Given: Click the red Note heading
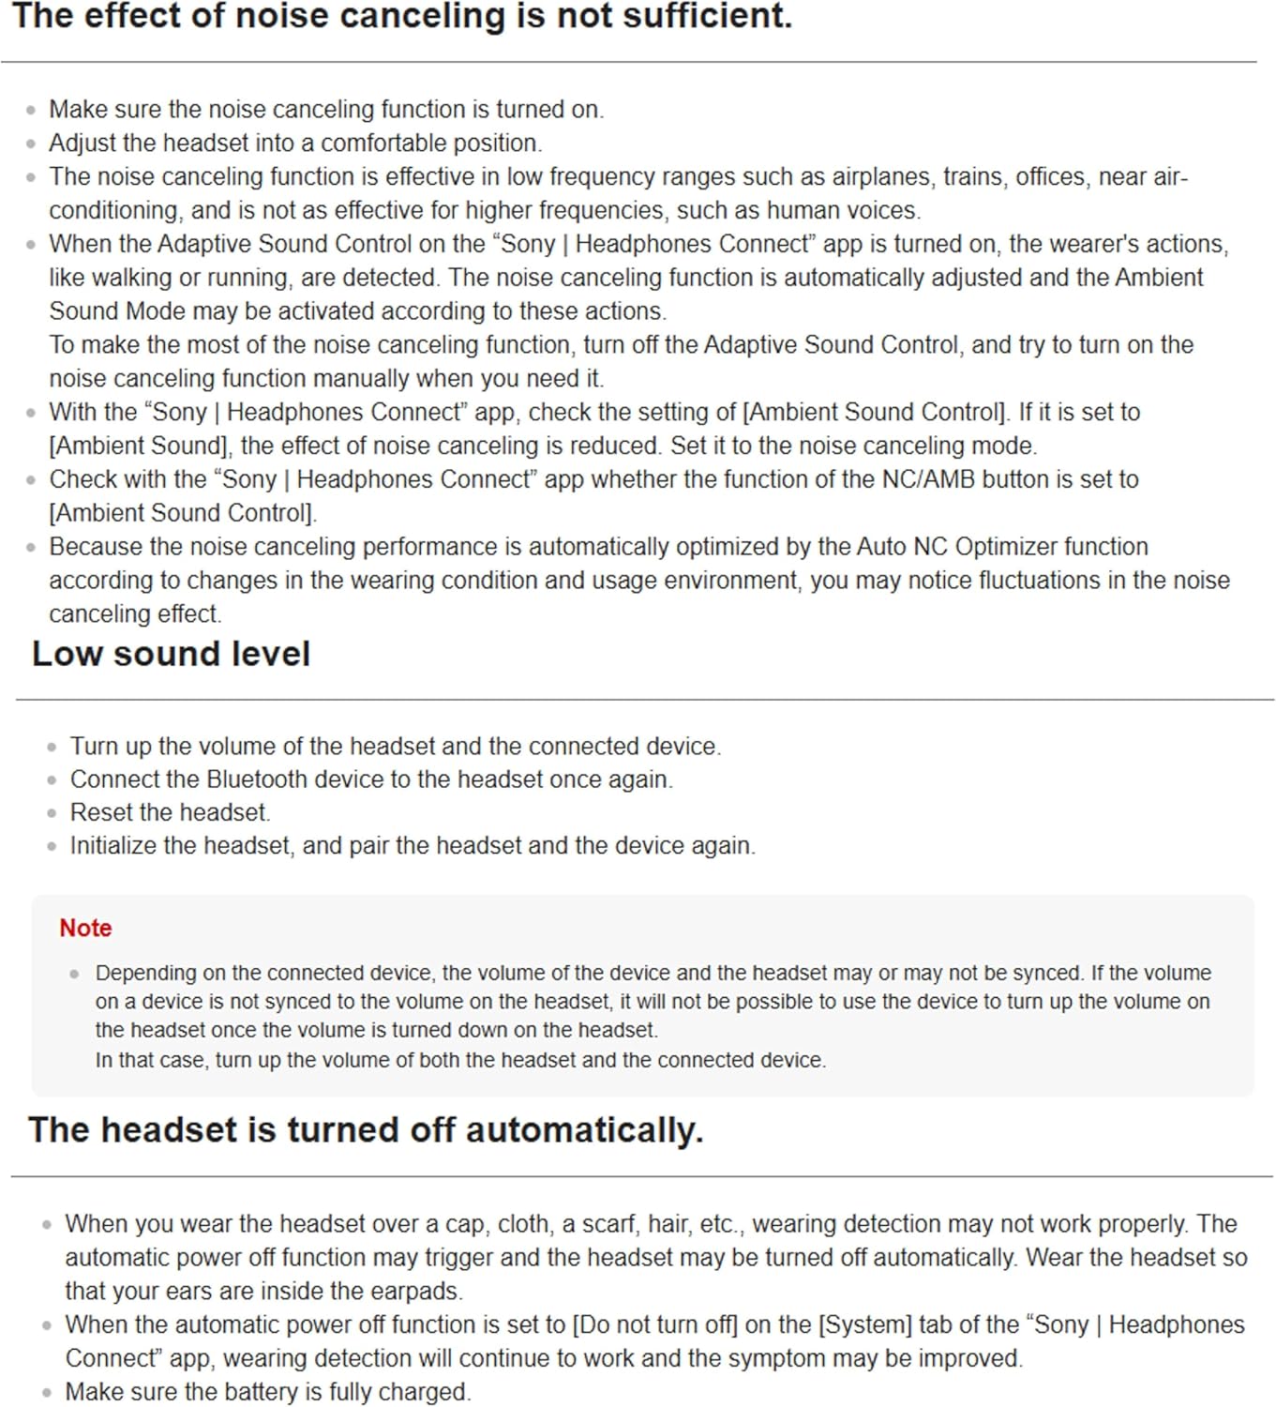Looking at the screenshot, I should (x=85, y=928).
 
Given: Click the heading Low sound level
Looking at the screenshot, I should (x=171, y=654).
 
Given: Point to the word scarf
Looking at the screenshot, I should (x=608, y=1224).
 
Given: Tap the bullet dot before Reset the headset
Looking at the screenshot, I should (x=52, y=813).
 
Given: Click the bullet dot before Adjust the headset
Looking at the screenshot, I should (x=31, y=144).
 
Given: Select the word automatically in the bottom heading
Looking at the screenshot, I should (x=583, y=1130).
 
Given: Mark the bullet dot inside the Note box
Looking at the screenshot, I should (x=74, y=974).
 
